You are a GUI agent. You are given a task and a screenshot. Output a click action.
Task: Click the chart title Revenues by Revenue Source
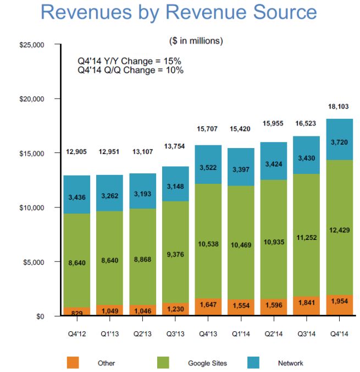(179, 12)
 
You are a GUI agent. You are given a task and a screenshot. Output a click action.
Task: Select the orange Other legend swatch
(73, 363)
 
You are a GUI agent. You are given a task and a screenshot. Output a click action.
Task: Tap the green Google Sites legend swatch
(163, 363)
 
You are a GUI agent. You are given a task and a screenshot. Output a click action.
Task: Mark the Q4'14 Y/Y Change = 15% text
(130, 61)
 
